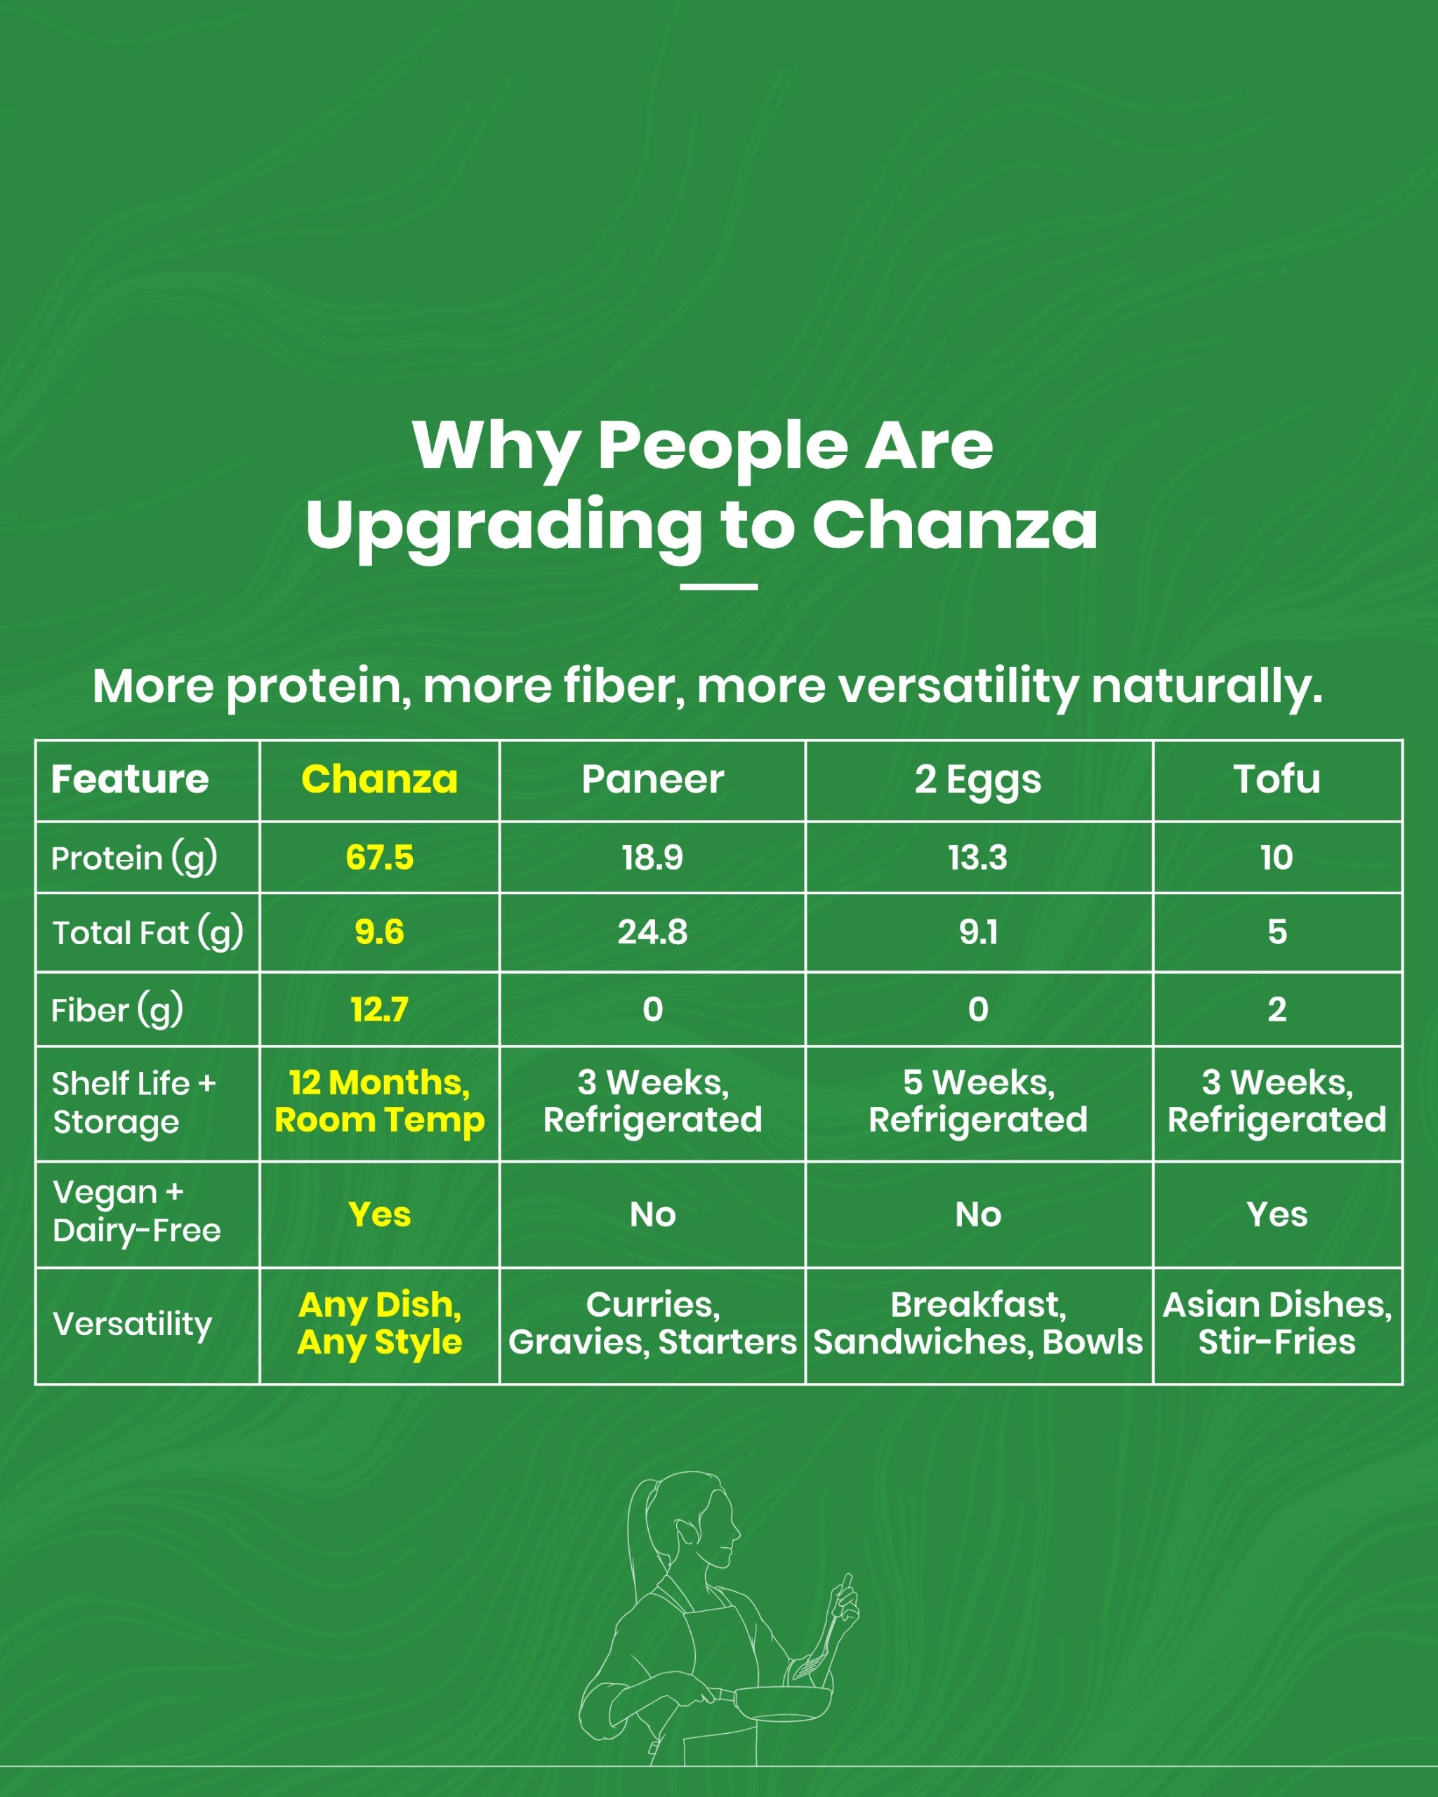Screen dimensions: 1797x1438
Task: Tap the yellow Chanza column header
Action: [x=379, y=779]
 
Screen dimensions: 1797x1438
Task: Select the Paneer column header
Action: [x=653, y=779]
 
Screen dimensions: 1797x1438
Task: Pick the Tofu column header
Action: [x=1277, y=779]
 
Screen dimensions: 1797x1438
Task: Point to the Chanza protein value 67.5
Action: [x=379, y=857]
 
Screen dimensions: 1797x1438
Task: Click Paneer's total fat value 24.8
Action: [x=653, y=931]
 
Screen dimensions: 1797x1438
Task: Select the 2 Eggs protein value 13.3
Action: [x=978, y=857]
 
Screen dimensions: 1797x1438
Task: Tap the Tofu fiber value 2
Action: [x=1277, y=1009]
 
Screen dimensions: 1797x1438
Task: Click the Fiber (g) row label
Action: [x=117, y=1010]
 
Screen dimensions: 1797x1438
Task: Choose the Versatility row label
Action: [x=132, y=1324]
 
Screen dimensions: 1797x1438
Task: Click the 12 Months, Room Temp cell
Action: [x=379, y=1101]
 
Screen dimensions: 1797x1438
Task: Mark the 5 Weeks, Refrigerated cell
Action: [x=978, y=1101]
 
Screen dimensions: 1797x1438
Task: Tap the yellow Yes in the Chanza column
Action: [x=379, y=1214]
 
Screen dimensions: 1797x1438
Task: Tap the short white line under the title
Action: [x=718, y=587]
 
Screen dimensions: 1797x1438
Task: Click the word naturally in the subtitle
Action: [x=1206, y=686]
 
